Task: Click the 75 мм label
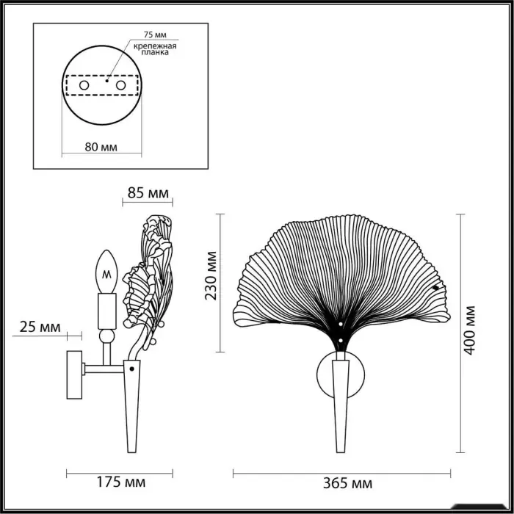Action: point(155,35)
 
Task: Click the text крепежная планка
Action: point(155,49)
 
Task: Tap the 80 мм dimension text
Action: point(101,147)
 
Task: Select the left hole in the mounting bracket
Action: point(84,86)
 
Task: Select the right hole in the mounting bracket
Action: point(120,86)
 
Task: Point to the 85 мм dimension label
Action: point(148,193)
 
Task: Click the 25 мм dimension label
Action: point(40,327)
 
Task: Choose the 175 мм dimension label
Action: point(121,482)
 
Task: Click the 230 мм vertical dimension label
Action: point(211,275)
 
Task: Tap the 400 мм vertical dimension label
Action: point(469,330)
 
